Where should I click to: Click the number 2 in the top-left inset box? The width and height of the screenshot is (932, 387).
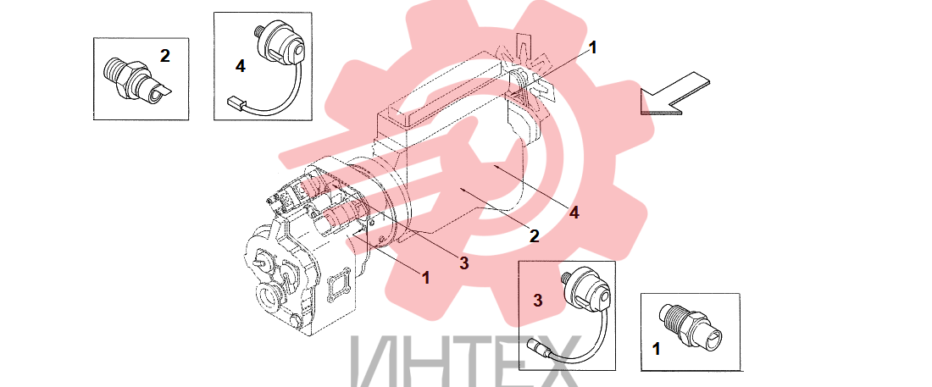(164, 56)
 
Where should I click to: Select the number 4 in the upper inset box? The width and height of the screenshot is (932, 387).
(240, 67)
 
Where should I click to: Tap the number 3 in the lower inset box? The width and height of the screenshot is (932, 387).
(538, 301)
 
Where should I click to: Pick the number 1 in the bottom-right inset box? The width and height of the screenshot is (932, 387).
(656, 349)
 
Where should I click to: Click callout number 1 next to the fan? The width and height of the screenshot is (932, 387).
(592, 47)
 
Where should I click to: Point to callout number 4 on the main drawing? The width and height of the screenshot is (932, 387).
(574, 213)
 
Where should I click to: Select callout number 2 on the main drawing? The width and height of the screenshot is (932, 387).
(535, 236)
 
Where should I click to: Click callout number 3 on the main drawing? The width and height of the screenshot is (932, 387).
(463, 263)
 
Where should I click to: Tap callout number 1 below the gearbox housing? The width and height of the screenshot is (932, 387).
(425, 278)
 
